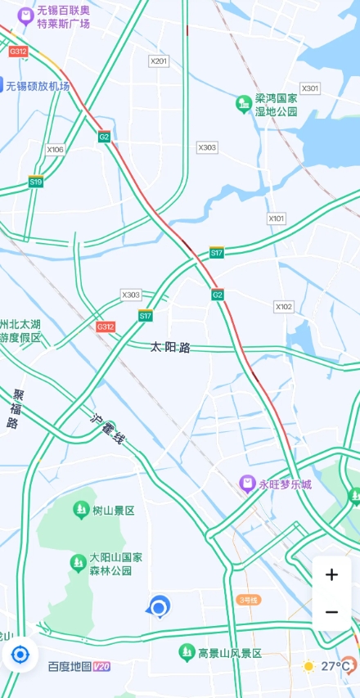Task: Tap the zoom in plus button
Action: click(331, 574)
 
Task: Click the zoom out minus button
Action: click(331, 612)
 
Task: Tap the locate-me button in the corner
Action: click(20, 654)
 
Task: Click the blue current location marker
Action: click(159, 607)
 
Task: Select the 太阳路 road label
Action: click(170, 348)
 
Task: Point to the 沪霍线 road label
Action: click(107, 430)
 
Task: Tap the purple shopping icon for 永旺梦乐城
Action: click(245, 484)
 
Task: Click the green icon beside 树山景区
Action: click(81, 511)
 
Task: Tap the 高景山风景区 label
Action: click(230, 653)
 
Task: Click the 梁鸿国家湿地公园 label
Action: click(276, 104)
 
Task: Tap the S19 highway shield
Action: click(36, 182)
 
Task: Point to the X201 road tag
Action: click(159, 61)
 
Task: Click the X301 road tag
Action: click(310, 88)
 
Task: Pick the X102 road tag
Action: click(283, 307)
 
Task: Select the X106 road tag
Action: click(55, 150)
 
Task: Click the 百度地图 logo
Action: click(78, 667)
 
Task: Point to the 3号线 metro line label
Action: click(248, 600)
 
